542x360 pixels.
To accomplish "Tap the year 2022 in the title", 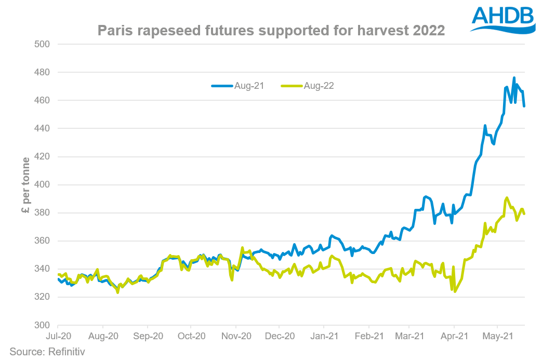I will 427,31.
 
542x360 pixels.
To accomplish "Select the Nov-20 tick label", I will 236,336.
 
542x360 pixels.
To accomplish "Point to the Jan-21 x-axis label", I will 324,336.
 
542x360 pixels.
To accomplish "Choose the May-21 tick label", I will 497,336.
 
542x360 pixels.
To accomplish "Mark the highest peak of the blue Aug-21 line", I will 514,78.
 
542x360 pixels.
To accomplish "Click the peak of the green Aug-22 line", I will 507,198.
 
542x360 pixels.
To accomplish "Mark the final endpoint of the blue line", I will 524,106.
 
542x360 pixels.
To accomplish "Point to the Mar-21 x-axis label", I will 410,336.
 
